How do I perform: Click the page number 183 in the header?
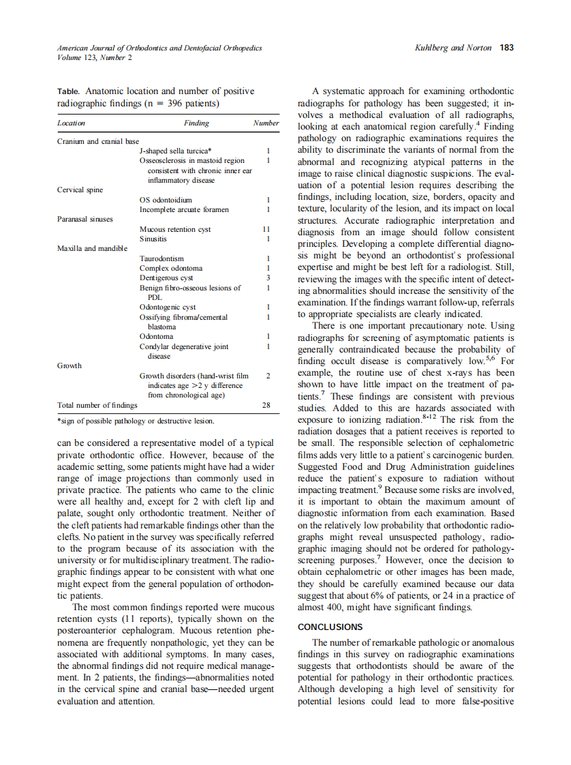click(506, 48)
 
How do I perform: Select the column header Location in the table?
click(72, 123)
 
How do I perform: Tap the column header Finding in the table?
click(196, 123)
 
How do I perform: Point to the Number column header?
click(266, 123)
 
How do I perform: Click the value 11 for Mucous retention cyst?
click(266, 230)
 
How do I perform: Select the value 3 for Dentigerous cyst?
click(269, 278)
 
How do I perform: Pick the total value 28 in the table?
click(266, 405)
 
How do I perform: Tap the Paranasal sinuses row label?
click(85, 219)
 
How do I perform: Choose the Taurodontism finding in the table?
click(161, 259)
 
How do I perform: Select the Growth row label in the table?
click(70, 365)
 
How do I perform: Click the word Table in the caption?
click(68, 91)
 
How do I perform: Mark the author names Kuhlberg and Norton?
click(453, 48)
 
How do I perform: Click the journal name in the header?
click(159, 48)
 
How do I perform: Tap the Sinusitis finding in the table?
click(153, 239)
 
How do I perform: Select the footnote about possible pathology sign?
click(136, 421)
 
